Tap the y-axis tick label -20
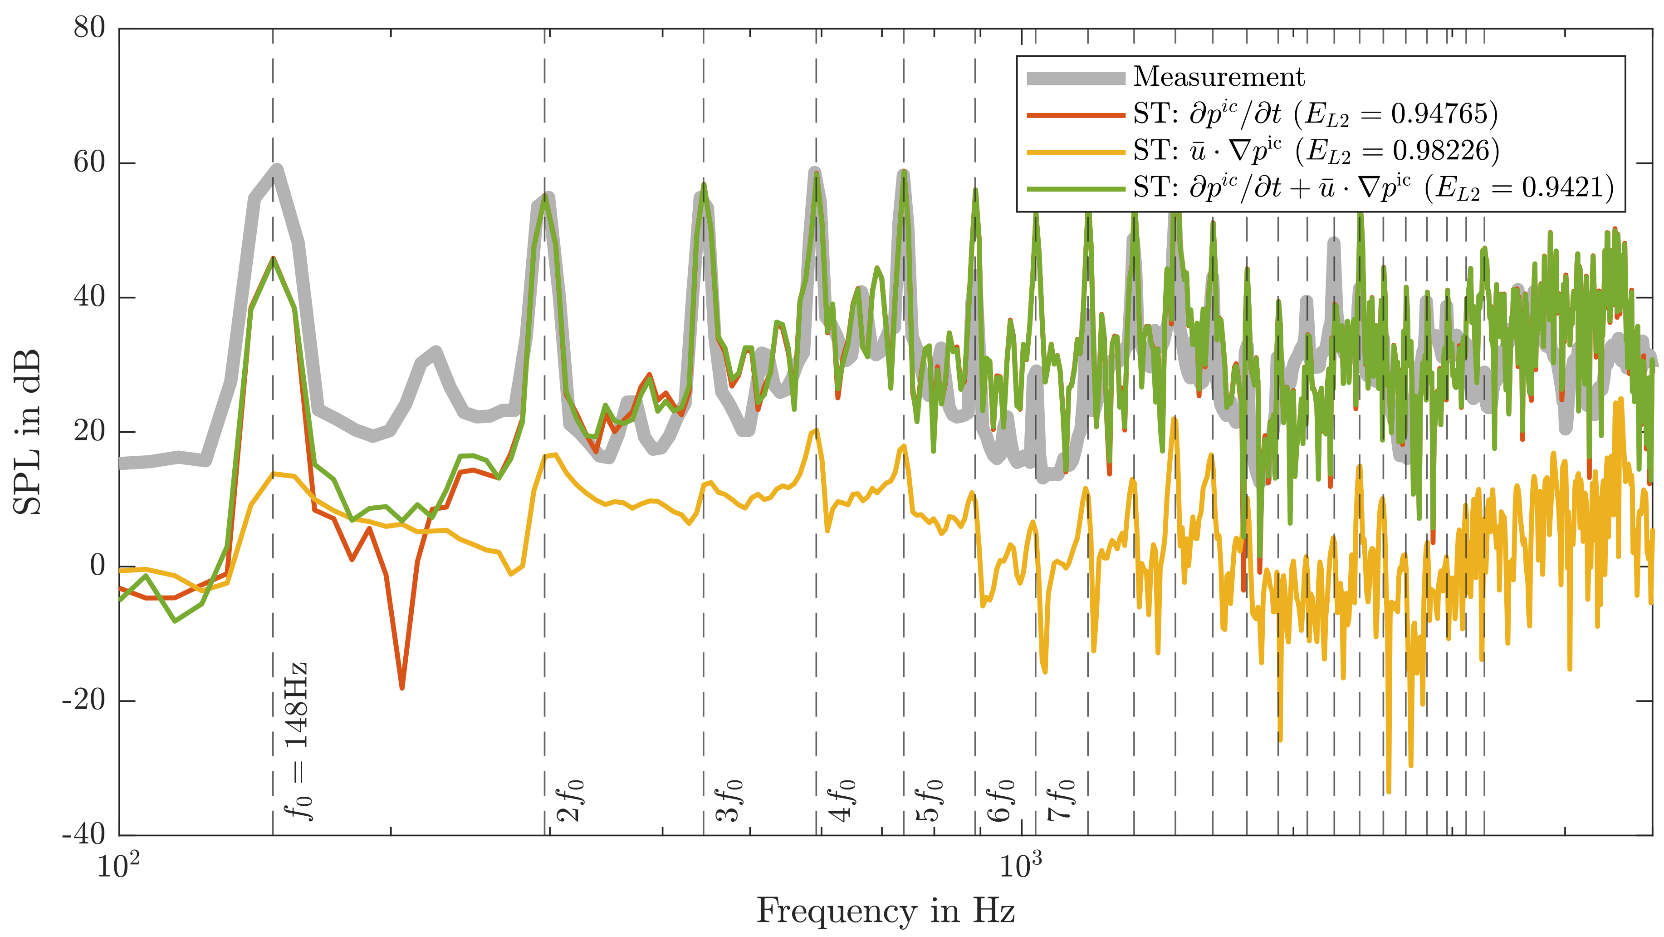(x=84, y=700)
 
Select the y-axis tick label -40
(x=84, y=834)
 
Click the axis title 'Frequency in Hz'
(x=885, y=911)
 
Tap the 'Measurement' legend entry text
(x=1219, y=77)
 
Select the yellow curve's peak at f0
(x=274, y=473)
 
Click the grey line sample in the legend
(x=1076, y=78)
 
